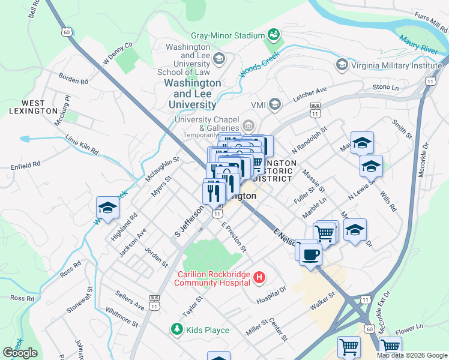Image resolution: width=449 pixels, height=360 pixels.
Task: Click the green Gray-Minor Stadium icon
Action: (x=274, y=35)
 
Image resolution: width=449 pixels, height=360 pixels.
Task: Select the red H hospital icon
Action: (x=259, y=277)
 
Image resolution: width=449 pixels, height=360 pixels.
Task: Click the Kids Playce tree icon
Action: (x=176, y=329)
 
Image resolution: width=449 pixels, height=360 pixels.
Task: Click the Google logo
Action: (x=20, y=353)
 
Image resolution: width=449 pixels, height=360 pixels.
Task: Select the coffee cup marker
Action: (x=310, y=254)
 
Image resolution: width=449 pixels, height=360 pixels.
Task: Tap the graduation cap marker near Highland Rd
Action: (x=107, y=208)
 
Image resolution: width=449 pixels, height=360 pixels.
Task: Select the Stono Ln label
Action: (x=385, y=87)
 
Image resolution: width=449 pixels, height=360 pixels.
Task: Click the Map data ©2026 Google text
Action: (x=411, y=355)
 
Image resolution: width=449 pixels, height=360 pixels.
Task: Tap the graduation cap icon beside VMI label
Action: (x=275, y=105)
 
